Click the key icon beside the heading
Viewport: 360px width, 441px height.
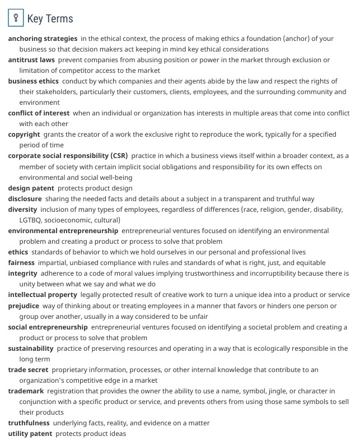(16, 18)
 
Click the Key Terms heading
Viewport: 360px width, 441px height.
(50, 18)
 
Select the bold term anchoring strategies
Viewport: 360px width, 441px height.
(43, 39)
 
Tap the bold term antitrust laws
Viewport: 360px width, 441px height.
(31, 60)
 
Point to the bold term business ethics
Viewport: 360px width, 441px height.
(33, 81)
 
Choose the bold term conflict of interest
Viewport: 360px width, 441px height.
(39, 113)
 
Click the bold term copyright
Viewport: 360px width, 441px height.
(24, 134)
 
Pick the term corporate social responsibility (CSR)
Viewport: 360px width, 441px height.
(68, 156)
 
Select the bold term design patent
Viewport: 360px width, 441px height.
(31, 188)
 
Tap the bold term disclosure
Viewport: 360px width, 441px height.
(25, 198)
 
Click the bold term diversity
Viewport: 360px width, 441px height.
(23, 210)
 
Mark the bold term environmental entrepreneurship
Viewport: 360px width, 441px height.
(63, 231)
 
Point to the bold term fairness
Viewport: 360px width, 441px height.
(21, 263)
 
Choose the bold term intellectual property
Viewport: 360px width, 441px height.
(43, 295)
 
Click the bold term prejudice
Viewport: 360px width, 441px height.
(24, 306)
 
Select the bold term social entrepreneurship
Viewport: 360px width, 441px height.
(48, 327)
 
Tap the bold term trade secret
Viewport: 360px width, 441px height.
(28, 370)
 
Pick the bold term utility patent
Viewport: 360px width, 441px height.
(30, 434)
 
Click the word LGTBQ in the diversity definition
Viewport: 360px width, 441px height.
(30, 220)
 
